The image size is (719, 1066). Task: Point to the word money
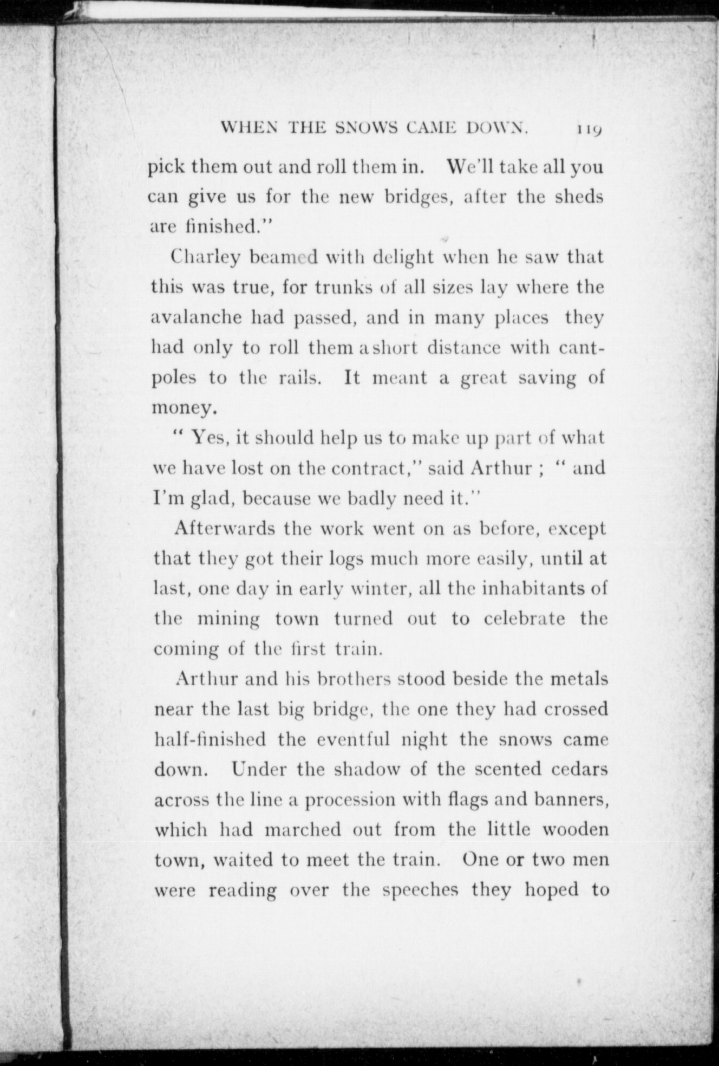tap(184, 408)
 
